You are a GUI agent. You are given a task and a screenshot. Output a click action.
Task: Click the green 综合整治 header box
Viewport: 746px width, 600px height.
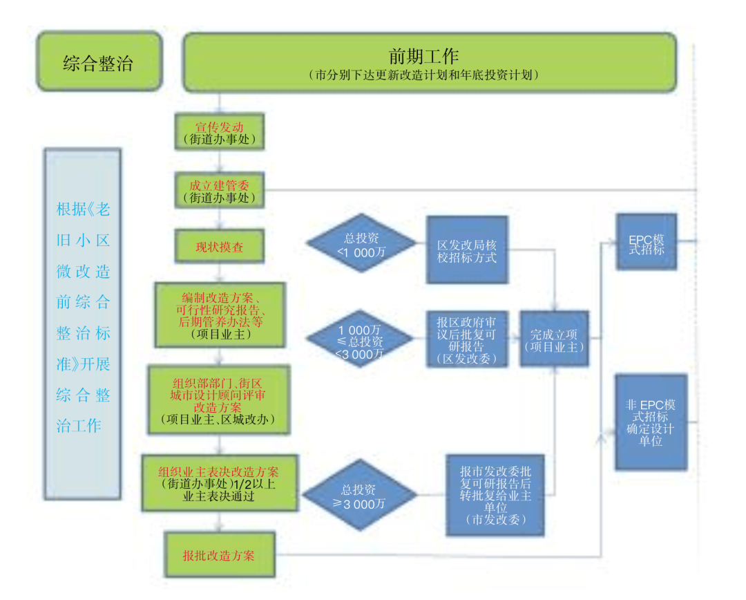pos(98,63)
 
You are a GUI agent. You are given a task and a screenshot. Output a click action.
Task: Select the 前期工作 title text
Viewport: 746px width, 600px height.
pos(424,55)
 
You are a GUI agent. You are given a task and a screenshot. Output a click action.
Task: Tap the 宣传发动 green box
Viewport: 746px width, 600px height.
pos(220,132)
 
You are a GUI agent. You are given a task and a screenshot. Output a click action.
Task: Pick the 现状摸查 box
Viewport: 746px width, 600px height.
pos(220,247)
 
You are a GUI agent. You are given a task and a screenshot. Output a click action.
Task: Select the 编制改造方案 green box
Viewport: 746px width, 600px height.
pos(220,315)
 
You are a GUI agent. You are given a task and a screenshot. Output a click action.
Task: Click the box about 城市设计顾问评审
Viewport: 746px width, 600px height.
pos(220,400)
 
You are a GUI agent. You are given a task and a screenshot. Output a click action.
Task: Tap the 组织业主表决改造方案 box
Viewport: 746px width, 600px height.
pos(220,482)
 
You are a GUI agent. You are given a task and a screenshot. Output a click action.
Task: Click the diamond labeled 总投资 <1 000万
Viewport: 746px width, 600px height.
pos(361,244)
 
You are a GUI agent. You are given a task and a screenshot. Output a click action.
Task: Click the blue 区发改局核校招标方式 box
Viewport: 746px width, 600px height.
pos(467,250)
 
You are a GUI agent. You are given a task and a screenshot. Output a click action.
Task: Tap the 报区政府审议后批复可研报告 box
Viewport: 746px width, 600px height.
pos(467,339)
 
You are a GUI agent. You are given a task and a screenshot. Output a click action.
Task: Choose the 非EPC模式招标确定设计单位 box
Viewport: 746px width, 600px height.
pos(651,422)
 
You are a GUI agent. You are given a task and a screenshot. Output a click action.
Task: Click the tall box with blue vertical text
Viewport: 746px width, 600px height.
pos(82,324)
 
